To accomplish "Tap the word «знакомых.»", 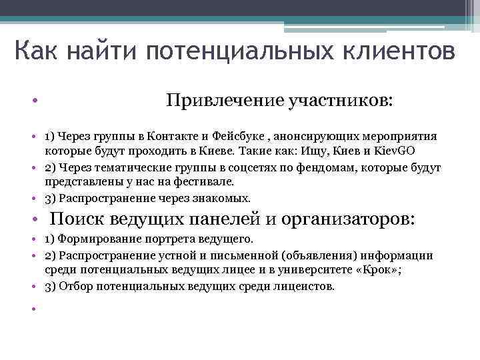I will [226, 198].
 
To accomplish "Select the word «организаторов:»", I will [348, 219].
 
